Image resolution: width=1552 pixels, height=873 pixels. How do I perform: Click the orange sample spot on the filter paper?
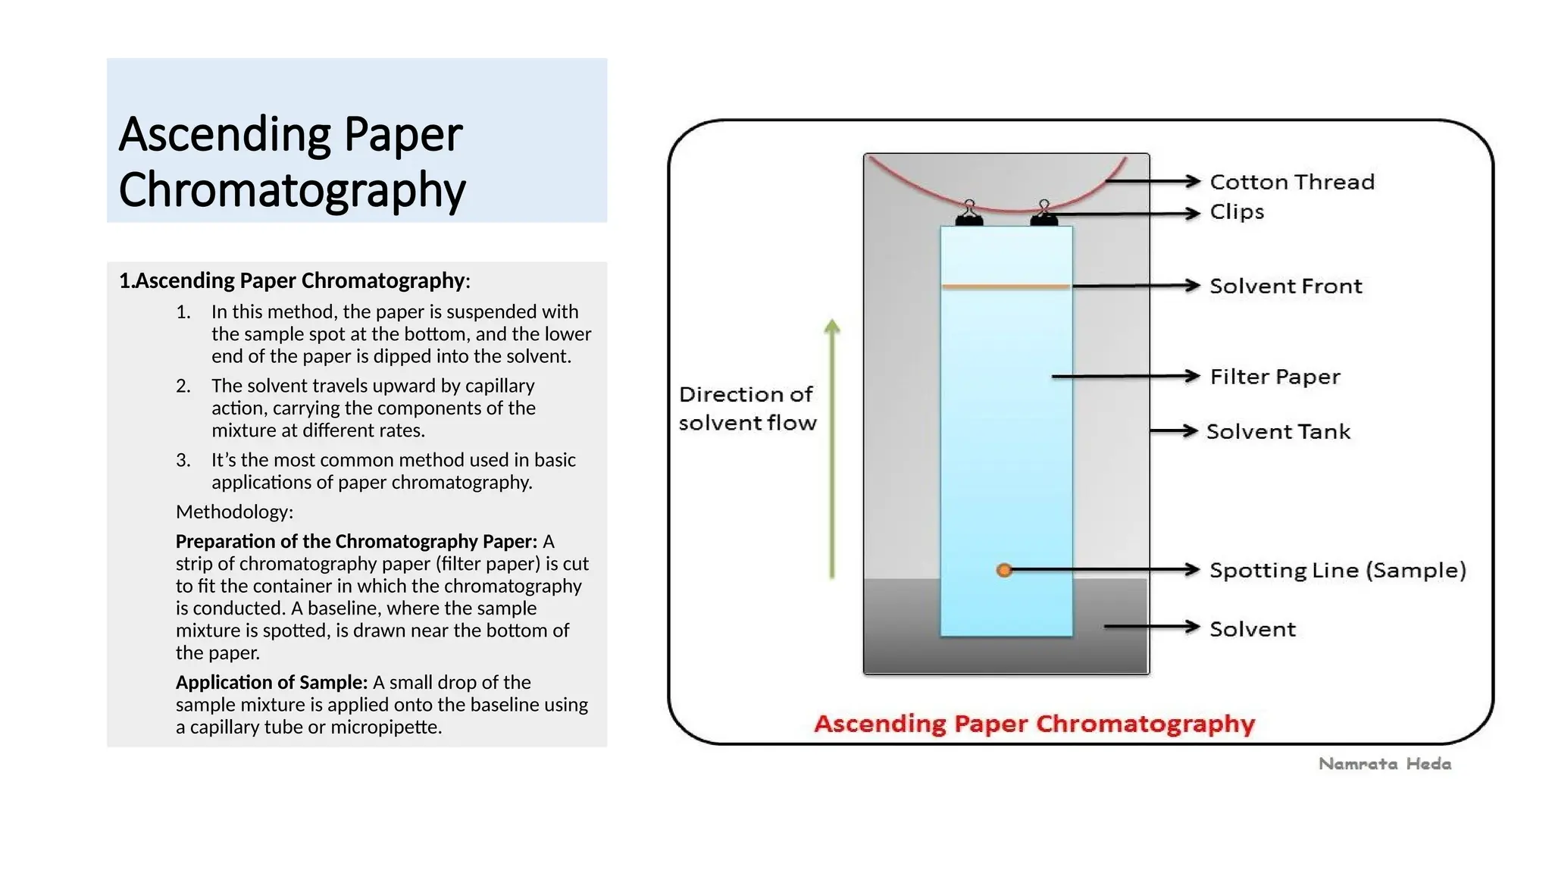click(x=1004, y=571)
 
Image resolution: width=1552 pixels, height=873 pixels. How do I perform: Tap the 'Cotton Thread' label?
click(x=1291, y=182)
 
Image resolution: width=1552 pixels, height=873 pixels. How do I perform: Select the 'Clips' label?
click(x=1237, y=212)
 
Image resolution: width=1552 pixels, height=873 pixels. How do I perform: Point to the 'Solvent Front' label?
click(x=1285, y=286)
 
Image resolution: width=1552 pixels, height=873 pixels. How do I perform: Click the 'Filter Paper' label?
click(x=1275, y=377)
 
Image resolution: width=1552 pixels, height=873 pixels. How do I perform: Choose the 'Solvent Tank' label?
click(x=1278, y=432)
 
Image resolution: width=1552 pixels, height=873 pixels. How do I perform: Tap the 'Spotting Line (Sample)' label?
click(x=1337, y=571)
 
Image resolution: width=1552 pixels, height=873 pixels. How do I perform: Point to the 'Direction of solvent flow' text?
click(x=747, y=408)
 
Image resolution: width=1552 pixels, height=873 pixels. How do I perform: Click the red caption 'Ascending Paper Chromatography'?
click(x=1034, y=724)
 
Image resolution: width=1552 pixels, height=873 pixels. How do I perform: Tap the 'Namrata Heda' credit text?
click(x=1385, y=764)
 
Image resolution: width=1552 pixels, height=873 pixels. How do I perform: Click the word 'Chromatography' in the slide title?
click(x=292, y=189)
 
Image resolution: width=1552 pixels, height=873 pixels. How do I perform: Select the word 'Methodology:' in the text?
click(x=234, y=512)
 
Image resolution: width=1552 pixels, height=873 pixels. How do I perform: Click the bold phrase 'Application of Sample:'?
click(x=271, y=683)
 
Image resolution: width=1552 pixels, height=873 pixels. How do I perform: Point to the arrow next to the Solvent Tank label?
click(x=1173, y=431)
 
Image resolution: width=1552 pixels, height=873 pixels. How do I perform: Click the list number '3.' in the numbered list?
click(x=183, y=461)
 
